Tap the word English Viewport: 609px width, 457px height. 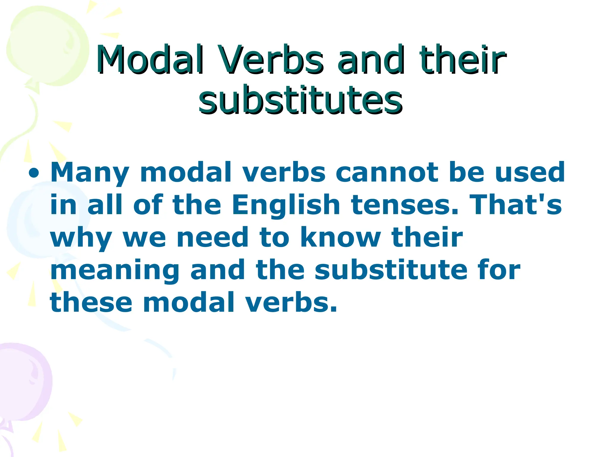point(286,205)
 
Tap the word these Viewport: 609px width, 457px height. point(91,303)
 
